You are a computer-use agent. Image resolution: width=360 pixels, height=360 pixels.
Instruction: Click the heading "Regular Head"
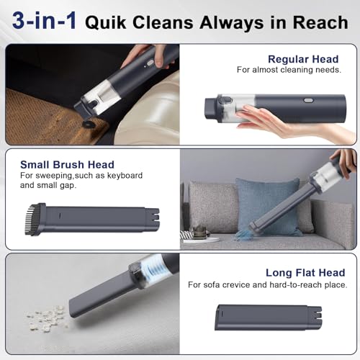coord(299,59)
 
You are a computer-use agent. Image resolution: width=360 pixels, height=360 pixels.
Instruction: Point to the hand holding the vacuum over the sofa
coord(343,160)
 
